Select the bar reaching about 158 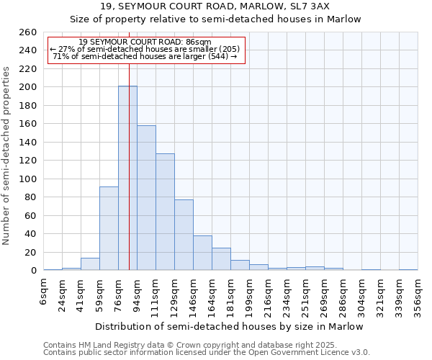tap(146, 198)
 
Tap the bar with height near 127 tap(165, 212)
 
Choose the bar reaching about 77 tap(184, 235)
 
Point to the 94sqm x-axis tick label tap(137, 292)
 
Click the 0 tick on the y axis tap(33, 271)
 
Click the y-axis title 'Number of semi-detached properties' tap(6, 156)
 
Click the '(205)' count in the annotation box tap(226, 49)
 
